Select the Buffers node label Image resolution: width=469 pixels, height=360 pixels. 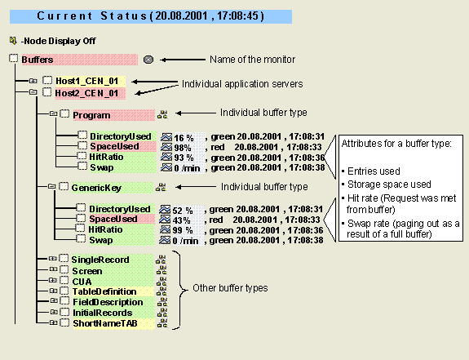[38, 60]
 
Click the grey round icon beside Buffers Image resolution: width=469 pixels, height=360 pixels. [148, 60]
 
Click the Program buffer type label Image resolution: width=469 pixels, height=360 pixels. [91, 116]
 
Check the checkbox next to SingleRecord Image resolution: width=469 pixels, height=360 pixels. [64, 260]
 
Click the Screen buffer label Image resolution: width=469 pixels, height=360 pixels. [87, 271]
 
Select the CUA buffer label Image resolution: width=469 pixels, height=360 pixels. [82, 282]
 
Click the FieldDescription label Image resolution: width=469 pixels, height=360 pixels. [107, 302]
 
